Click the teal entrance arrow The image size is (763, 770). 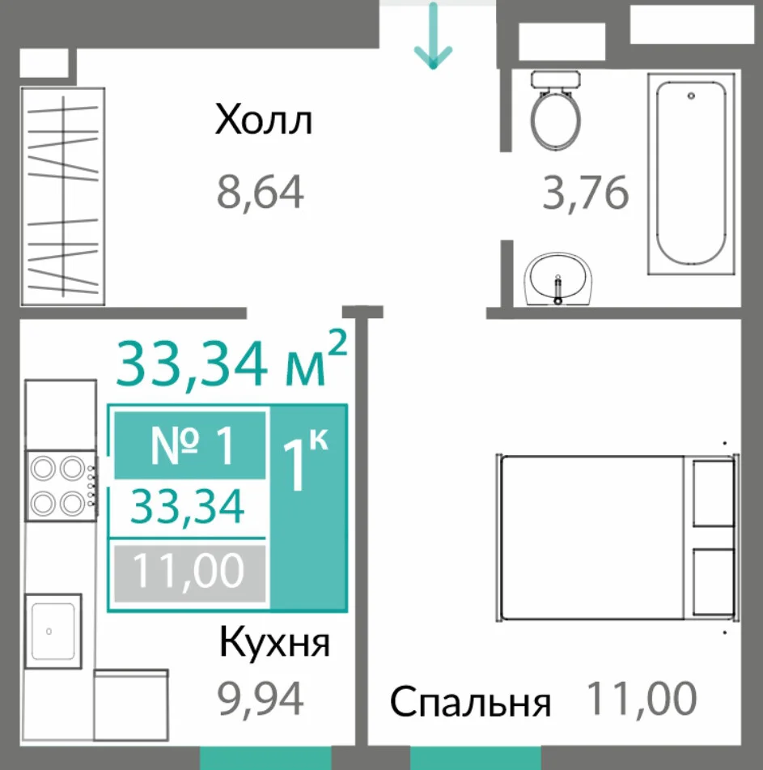[x=433, y=36]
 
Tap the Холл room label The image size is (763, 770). [x=264, y=120]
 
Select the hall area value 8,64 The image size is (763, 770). [x=260, y=192]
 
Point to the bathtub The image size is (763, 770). [x=691, y=174]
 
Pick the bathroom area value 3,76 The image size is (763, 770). [x=585, y=193]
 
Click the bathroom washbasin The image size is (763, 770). [x=558, y=279]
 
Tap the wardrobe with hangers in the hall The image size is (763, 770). [x=62, y=197]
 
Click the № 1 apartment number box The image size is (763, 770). [x=190, y=445]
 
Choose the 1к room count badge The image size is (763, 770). [x=308, y=508]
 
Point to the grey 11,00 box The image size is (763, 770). [x=190, y=573]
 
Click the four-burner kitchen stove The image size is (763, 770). [x=61, y=485]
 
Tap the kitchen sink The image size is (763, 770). [x=53, y=631]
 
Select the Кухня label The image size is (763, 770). [x=274, y=642]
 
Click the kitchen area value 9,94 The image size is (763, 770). [x=260, y=699]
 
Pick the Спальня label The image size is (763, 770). [x=470, y=704]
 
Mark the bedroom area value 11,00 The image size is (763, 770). [x=642, y=698]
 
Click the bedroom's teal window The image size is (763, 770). [x=476, y=758]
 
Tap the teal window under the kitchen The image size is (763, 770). [x=265, y=758]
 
